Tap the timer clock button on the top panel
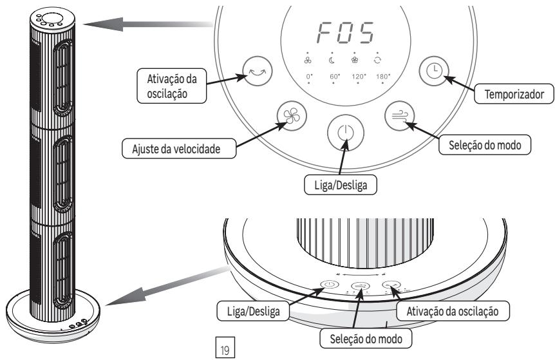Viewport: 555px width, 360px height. [431, 69]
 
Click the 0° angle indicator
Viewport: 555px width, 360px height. [310, 77]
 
